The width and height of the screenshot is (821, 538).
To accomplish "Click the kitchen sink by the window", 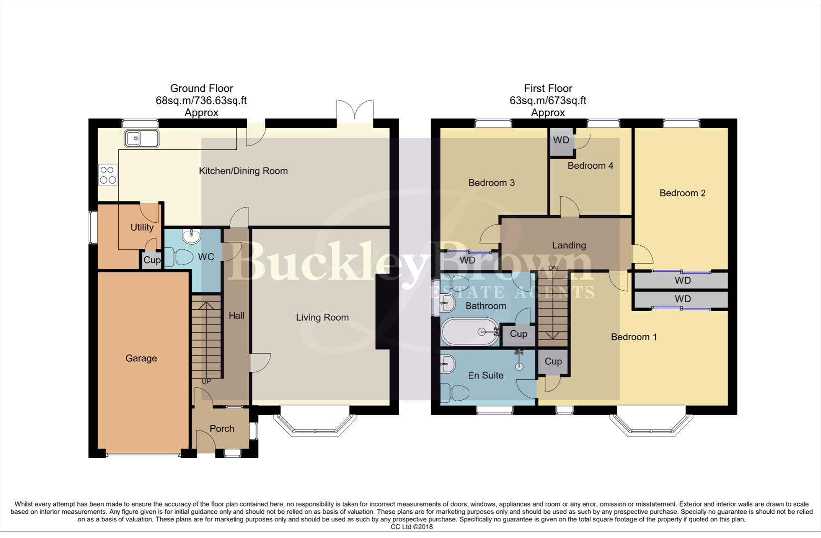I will (x=142, y=138).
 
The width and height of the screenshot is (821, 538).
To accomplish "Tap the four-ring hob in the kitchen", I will (x=108, y=175).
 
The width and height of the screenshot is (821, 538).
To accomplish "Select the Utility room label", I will (x=142, y=227).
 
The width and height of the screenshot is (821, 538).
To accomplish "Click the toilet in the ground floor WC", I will (x=179, y=258).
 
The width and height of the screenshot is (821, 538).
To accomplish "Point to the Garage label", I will (x=141, y=358).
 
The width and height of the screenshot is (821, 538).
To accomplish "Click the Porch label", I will (x=222, y=429).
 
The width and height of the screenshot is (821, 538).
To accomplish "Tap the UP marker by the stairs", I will (x=206, y=381).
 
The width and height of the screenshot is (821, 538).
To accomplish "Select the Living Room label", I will (x=322, y=317).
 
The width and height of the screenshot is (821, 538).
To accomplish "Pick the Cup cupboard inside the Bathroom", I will (x=518, y=334).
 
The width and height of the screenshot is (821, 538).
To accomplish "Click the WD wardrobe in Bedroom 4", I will (x=561, y=140).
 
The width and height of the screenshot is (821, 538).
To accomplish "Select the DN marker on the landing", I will (x=553, y=268).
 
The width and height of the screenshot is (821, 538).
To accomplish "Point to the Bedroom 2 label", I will (x=682, y=193).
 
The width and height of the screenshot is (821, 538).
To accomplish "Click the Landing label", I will (x=569, y=245).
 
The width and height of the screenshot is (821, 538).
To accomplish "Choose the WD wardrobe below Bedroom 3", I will (x=467, y=260).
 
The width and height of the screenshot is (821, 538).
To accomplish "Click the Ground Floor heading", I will (x=201, y=89).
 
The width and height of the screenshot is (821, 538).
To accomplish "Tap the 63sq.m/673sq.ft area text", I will (x=547, y=101).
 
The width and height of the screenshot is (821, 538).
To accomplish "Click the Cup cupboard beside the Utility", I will (x=152, y=260).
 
